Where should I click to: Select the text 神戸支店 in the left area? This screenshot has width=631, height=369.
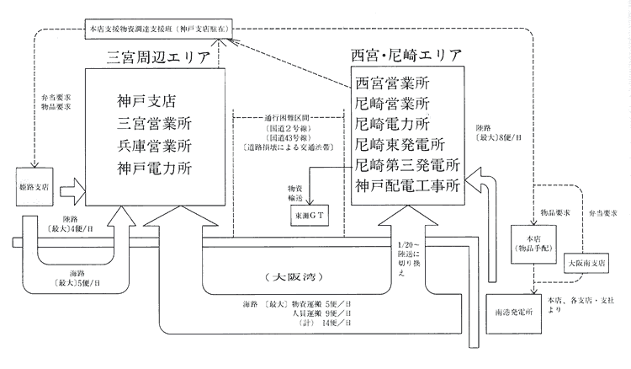point(146,101)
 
